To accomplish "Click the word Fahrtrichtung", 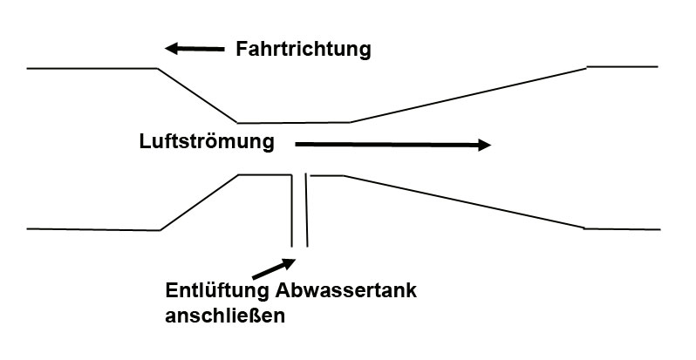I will (x=304, y=49).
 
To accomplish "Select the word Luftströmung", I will (x=207, y=140).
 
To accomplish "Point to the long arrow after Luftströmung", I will (x=393, y=145).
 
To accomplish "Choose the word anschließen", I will (x=224, y=315).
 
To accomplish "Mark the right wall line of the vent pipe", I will (x=306, y=209).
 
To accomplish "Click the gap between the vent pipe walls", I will (x=299, y=209).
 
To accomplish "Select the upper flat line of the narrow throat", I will (x=294, y=123).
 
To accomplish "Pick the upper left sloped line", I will (x=197, y=95).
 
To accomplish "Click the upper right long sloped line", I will (x=467, y=94).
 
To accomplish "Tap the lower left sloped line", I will (x=199, y=202).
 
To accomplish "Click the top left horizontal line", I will (x=92, y=68).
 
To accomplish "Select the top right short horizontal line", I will (x=622, y=66).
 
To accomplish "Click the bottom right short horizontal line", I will (x=620, y=228).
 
